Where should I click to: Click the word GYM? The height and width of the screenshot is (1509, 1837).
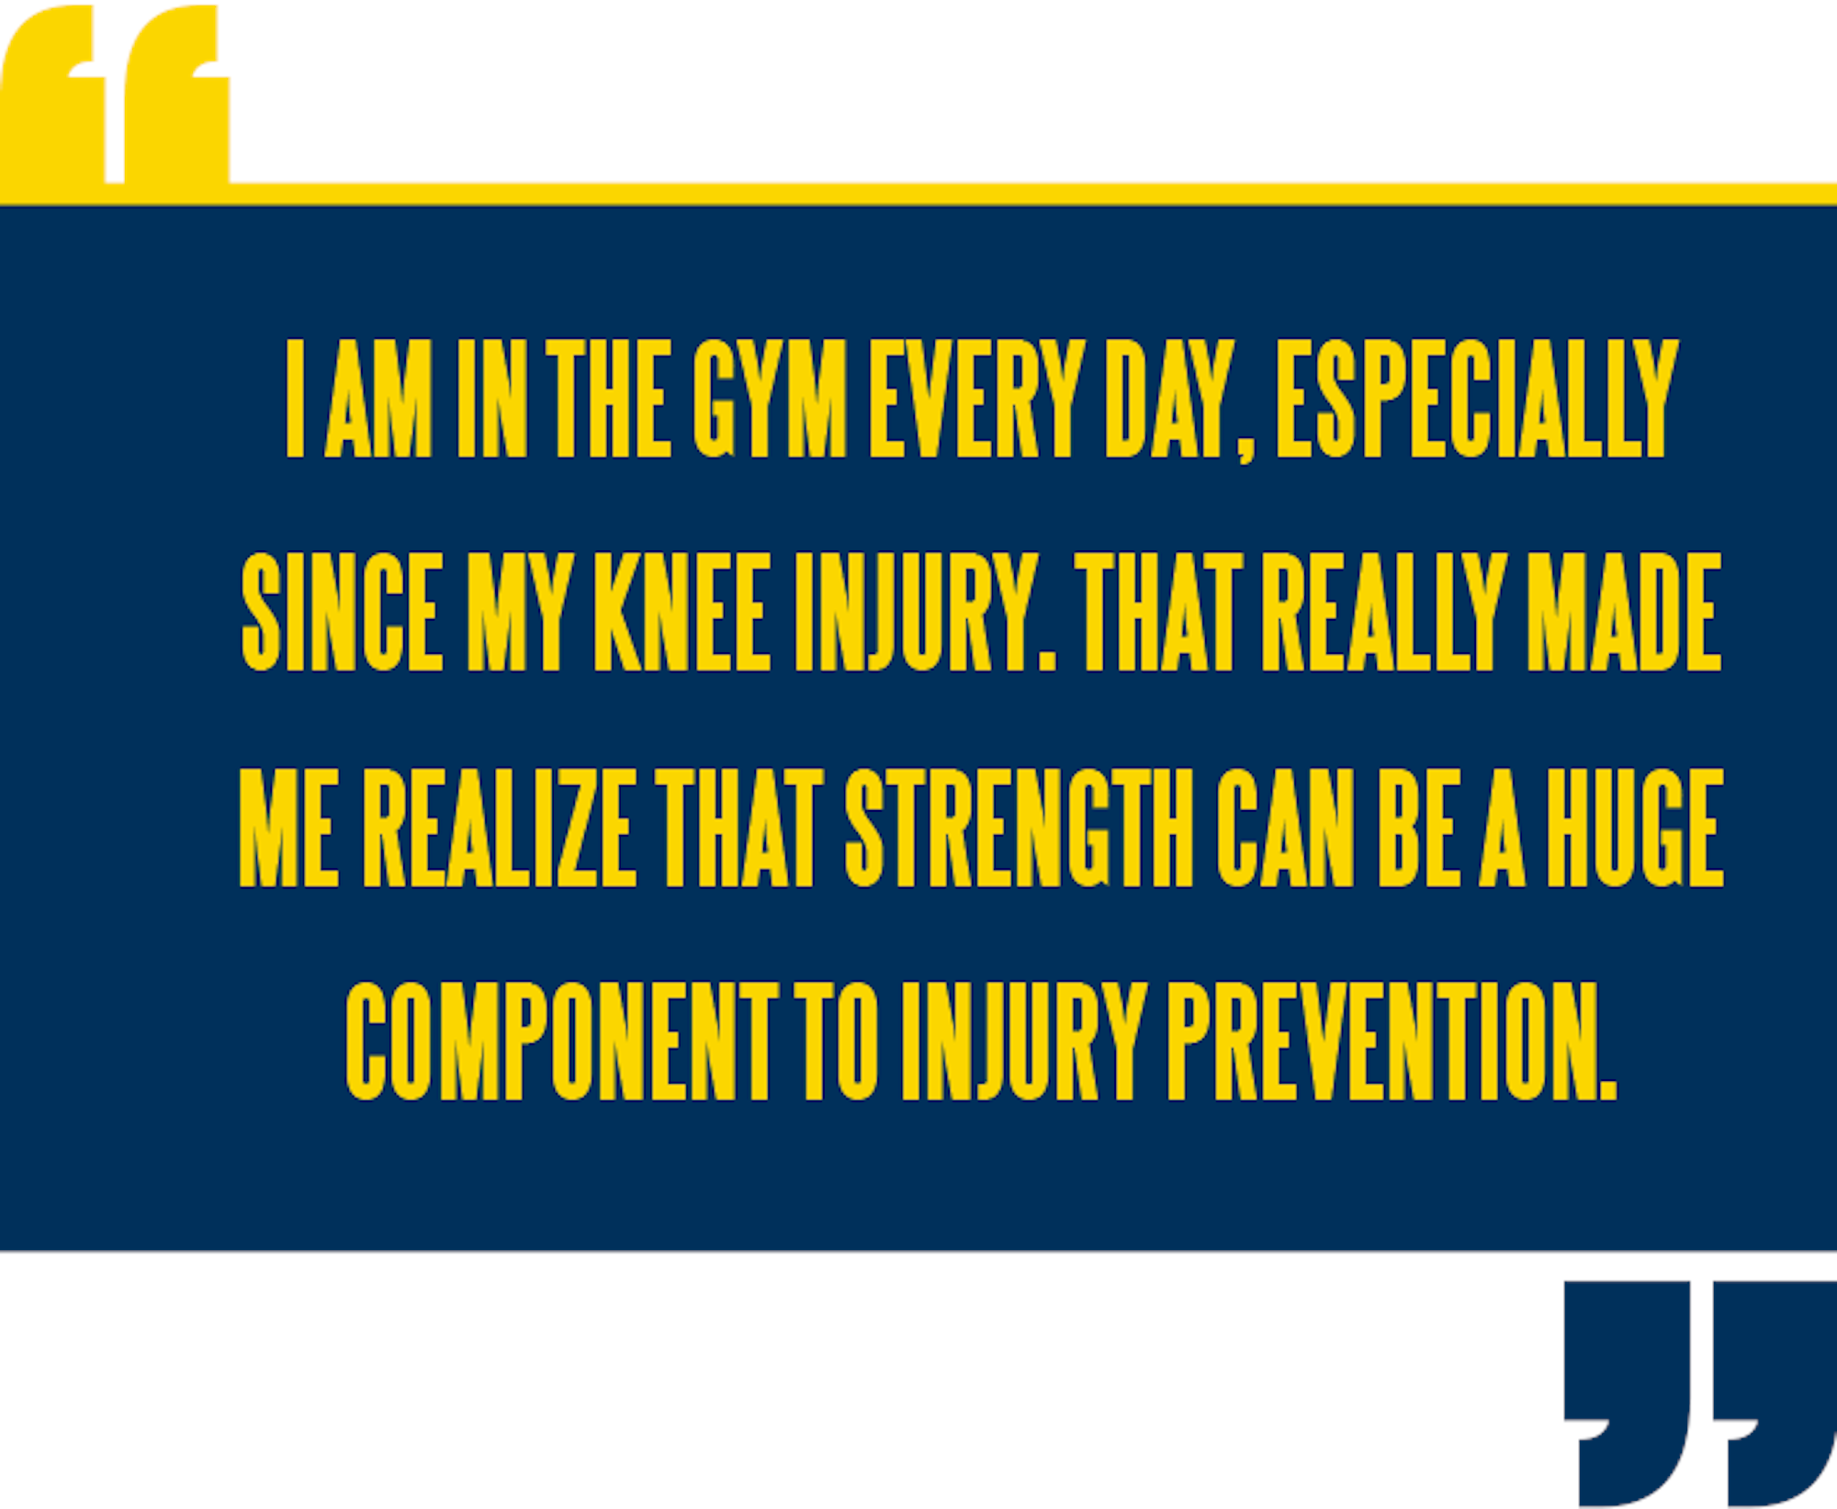(770, 398)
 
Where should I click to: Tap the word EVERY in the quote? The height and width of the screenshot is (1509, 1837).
(976, 398)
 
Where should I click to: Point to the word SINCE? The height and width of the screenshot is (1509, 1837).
(343, 612)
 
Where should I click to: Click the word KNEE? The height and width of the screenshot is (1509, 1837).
(682, 612)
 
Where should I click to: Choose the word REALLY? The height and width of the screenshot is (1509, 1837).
(1384, 612)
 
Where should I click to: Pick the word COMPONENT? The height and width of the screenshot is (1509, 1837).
(562, 1041)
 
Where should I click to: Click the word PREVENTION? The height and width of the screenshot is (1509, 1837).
(1392, 1041)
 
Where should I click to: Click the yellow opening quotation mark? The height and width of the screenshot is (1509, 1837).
(115, 94)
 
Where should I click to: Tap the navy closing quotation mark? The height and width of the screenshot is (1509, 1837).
(1699, 1392)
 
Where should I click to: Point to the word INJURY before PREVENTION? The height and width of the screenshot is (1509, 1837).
(1024, 1041)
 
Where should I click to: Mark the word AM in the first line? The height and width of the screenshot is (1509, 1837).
(378, 398)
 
